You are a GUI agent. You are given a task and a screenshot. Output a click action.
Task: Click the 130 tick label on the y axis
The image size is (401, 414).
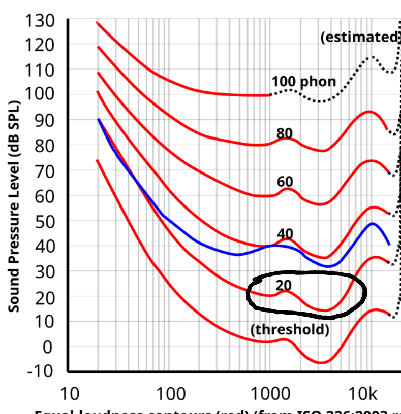(x=39, y=21)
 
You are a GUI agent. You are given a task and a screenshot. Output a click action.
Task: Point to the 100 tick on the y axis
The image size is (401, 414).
(x=39, y=95)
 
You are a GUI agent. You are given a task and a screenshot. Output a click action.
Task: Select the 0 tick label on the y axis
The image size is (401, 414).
(x=48, y=347)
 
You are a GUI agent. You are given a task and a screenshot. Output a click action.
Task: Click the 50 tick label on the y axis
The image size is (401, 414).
(x=43, y=221)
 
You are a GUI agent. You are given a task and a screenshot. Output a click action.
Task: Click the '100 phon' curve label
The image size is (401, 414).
(x=303, y=81)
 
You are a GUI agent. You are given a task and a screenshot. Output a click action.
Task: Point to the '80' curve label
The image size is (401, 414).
(x=285, y=133)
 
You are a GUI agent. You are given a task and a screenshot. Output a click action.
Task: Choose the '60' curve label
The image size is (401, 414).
(x=285, y=182)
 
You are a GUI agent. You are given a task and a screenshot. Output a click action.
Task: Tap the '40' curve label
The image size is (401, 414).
(x=285, y=234)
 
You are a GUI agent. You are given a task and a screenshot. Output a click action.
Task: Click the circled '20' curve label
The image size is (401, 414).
(x=284, y=285)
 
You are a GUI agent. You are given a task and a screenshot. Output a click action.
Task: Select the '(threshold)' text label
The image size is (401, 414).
(x=290, y=329)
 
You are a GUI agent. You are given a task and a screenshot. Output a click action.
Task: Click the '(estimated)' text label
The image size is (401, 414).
(x=359, y=37)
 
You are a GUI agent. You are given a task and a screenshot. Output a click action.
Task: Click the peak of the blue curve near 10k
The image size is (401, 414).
(x=373, y=223)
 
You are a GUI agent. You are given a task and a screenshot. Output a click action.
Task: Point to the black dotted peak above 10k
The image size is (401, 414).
(x=372, y=57)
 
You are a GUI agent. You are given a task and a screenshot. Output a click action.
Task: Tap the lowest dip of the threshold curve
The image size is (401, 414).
(x=321, y=362)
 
